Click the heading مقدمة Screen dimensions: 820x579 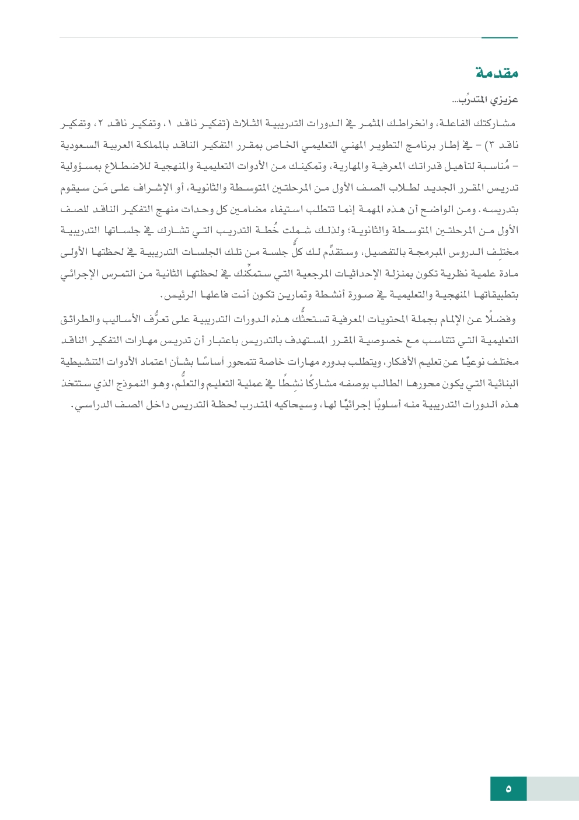click(x=497, y=74)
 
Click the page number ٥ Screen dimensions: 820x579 click(x=508, y=789)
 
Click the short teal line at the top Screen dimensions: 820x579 click(x=499, y=38)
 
